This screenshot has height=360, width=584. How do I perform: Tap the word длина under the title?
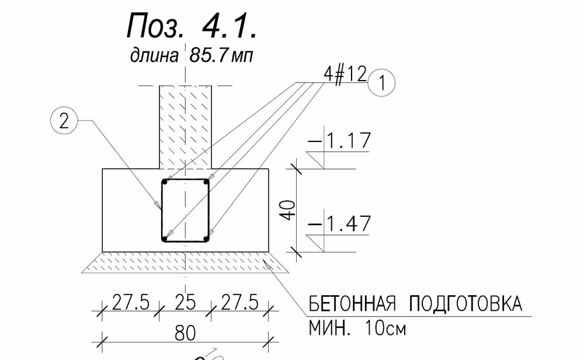154,56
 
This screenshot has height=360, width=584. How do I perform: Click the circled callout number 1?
381,82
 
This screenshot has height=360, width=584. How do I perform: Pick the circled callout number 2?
64,121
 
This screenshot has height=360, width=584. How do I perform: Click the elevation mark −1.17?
340,140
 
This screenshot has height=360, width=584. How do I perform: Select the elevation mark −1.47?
340,224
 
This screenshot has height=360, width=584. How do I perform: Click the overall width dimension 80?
185,333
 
